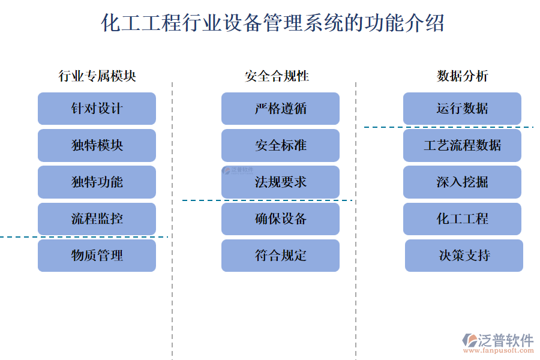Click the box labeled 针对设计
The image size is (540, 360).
tap(97, 109)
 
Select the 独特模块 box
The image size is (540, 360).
tap(97, 145)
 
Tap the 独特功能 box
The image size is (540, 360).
tap(97, 182)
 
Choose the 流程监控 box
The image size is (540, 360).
tap(97, 218)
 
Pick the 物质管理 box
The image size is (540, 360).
tap(97, 256)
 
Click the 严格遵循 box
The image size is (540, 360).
tap(280, 109)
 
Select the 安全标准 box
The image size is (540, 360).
tap(280, 145)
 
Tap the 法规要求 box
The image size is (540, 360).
tap(280, 182)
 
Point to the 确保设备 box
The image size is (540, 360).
tap(280, 218)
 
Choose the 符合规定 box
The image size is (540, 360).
tap(280, 256)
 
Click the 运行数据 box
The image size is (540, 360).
tap(462, 109)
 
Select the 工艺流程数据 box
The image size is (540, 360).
tap(462, 145)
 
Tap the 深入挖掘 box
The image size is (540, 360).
tap(462, 182)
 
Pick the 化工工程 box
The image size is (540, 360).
tap(462, 218)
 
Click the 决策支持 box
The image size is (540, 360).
tap(464, 256)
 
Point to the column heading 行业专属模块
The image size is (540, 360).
tap(97, 76)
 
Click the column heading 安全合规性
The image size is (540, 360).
tap(277, 76)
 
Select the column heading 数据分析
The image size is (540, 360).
tap(462, 76)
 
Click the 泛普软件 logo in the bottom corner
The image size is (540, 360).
tap(498, 342)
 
